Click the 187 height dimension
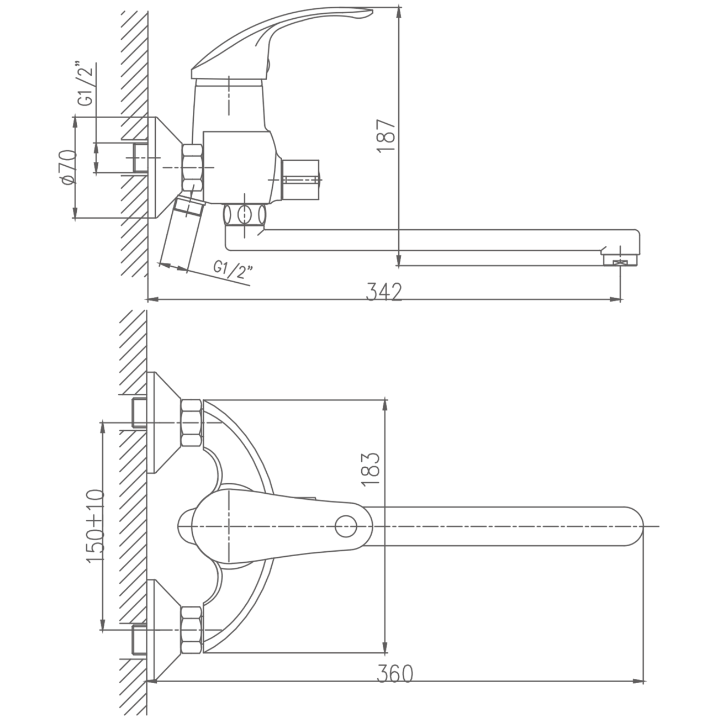pos(386,136)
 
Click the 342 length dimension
pos(384,292)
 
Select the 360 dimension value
pos(395,684)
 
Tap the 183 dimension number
pos(371,469)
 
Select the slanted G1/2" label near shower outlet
pos(233,271)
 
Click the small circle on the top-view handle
pos(346,526)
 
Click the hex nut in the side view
pos(192,167)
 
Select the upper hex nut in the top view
pos(192,423)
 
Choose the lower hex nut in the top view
pos(192,629)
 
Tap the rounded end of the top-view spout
pos(633,526)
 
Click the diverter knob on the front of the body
pos(300,180)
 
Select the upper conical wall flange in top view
pos(164,423)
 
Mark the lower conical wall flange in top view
pos(164,630)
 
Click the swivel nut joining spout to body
pos(245,215)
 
